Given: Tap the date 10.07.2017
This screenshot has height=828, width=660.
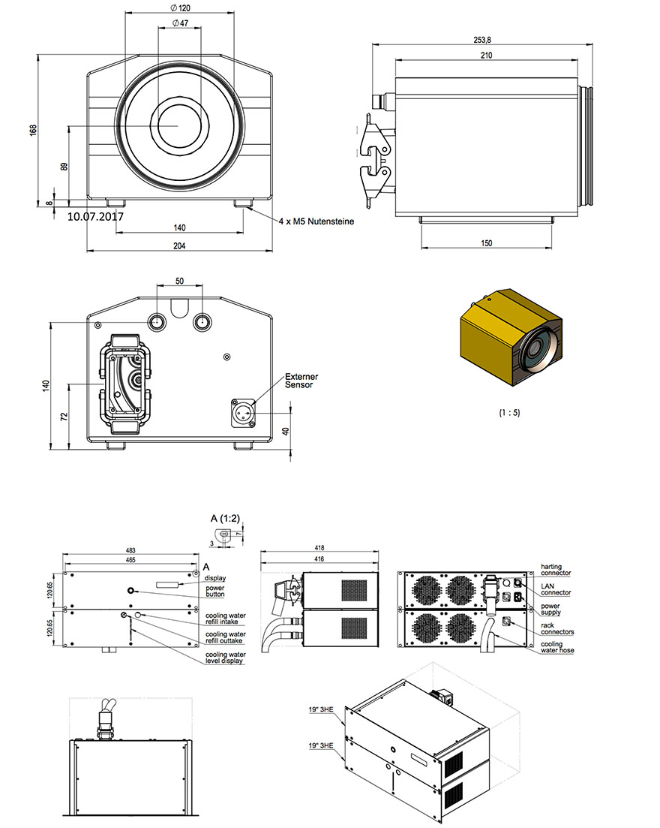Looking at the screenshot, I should pyautogui.click(x=95, y=216).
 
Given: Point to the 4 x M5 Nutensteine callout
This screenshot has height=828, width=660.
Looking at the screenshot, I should pyautogui.click(x=316, y=221).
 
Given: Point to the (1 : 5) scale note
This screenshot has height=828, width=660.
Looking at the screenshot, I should pyautogui.click(x=510, y=412).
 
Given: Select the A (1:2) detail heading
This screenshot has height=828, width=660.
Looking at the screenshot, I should pyautogui.click(x=223, y=518).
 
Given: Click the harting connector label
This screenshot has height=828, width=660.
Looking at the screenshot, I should pyautogui.click(x=556, y=570).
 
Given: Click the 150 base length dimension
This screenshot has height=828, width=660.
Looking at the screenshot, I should pyautogui.click(x=487, y=242).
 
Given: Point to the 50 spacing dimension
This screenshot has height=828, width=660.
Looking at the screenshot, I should pyautogui.click(x=179, y=280).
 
